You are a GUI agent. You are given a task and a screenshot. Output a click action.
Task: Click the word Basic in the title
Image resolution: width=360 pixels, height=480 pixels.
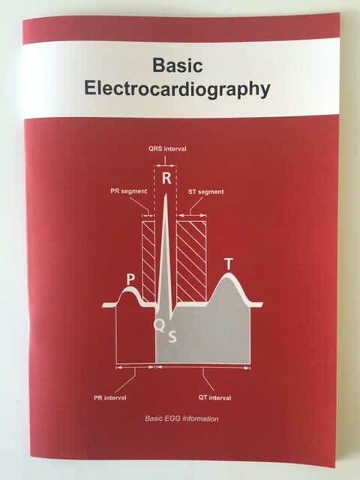coord(178,65)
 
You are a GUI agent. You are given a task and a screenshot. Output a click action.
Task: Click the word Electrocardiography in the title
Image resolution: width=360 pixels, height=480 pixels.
coord(177,89)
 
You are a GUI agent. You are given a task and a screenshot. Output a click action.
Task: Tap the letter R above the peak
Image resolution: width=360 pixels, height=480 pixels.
coord(166,178)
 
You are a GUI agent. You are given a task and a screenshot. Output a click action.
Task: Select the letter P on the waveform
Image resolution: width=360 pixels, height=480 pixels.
coord(130,280)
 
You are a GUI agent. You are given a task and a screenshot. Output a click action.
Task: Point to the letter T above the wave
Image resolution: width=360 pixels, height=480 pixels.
coord(229,264)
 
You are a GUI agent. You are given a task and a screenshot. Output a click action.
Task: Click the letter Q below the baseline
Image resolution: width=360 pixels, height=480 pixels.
coord(159,325)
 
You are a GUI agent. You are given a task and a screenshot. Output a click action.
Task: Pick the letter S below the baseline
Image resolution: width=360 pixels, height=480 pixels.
coord(172,337)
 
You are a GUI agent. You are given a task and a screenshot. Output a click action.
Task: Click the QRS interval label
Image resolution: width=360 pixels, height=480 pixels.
coord(167,149)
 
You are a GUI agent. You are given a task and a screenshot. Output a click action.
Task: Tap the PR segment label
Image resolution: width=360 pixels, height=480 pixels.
coord(128,191)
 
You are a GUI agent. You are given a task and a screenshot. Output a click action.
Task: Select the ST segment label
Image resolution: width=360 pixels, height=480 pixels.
coord(205,192)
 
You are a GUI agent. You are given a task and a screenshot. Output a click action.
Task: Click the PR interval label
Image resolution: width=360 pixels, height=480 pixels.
coord(110,398)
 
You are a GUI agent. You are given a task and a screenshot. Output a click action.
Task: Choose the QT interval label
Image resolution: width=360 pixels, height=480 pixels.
coord(215,398)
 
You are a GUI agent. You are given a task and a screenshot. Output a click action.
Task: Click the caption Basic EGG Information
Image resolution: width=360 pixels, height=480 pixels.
coord(181,418)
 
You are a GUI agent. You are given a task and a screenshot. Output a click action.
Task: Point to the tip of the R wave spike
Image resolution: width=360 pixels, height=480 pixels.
coord(166,193)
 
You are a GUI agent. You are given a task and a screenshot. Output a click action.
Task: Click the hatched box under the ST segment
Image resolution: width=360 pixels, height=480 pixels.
coord(191,262)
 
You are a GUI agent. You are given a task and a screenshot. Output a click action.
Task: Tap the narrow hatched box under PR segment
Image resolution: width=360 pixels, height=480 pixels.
coord(148,262)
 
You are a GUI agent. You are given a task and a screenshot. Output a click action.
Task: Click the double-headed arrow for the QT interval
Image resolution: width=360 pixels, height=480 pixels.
coord(203,367)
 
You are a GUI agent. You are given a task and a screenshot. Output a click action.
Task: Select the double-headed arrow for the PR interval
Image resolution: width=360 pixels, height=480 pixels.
coord(135,367)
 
